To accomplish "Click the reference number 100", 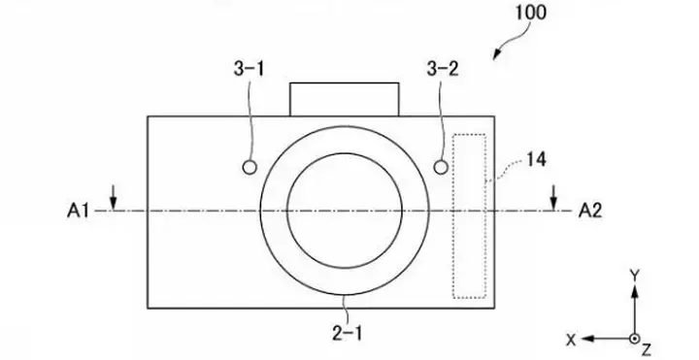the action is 531,13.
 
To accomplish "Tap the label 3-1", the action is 250,69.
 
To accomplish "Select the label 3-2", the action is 443,69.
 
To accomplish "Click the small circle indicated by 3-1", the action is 250,168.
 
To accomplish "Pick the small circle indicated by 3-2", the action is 441,168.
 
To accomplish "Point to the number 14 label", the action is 536,159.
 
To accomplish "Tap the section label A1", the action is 78,211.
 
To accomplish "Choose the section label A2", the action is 590,211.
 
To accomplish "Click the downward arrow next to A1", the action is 114,197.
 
